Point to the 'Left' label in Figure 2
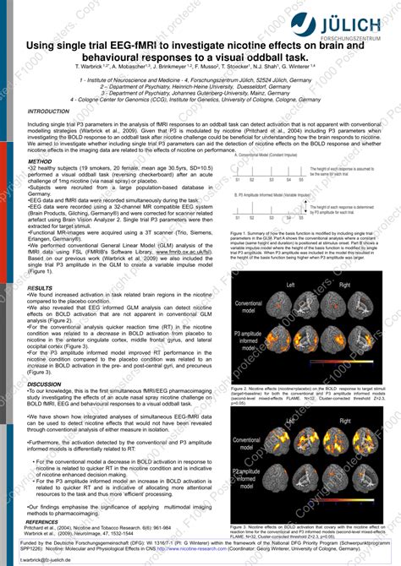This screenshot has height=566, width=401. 291,286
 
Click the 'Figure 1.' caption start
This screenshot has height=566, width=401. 240,231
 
